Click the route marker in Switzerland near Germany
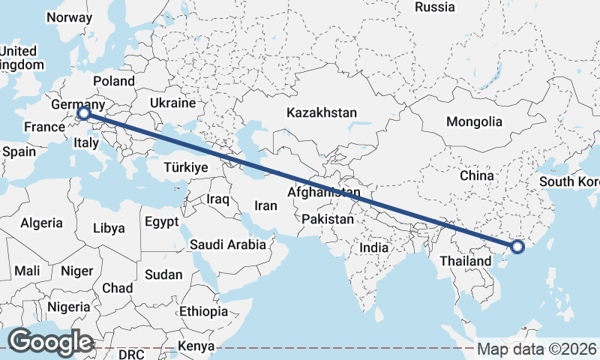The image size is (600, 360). pyautogui.click(x=84, y=114)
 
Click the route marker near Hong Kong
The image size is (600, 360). pyautogui.click(x=517, y=247)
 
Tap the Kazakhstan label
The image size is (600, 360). pyautogui.click(x=321, y=112)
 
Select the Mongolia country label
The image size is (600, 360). pyautogui.click(x=473, y=121)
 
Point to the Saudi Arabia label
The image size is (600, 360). pyautogui.click(x=228, y=244)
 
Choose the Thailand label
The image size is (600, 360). pyautogui.click(x=466, y=261)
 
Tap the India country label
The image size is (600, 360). pyautogui.click(x=373, y=247)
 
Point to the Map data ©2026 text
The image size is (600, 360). pyautogui.click(x=537, y=349)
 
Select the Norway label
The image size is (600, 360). pyautogui.click(x=69, y=17)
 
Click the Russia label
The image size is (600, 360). pyautogui.click(x=435, y=7)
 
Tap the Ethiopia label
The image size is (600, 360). pyautogui.click(x=203, y=311)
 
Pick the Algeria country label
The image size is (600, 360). pyautogui.click(x=41, y=223)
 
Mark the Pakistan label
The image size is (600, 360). pyautogui.click(x=328, y=220)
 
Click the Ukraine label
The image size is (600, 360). pyautogui.click(x=172, y=103)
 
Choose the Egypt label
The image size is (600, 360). pyautogui.click(x=162, y=222)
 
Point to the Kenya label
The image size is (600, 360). pyautogui.click(x=196, y=346)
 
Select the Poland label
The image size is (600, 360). pyautogui.click(x=113, y=81)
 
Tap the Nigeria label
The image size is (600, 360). pyautogui.click(x=69, y=307)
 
